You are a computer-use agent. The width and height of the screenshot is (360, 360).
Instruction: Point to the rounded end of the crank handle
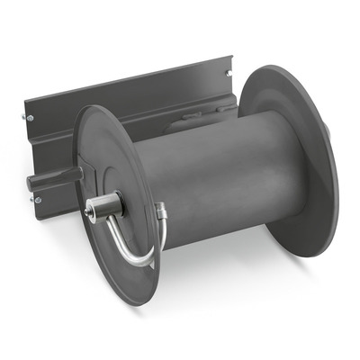tap(32, 184)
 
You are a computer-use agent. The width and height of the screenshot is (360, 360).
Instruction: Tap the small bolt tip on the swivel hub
tap(87, 213)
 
